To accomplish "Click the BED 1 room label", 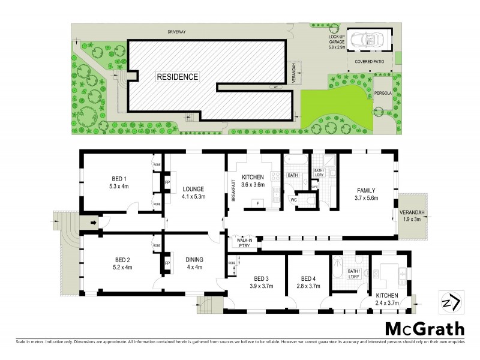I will point(119,179).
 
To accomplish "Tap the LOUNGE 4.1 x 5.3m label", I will point(194,192).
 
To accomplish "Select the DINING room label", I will point(194,260).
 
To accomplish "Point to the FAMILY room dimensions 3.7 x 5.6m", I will point(365,197).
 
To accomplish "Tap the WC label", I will point(294,199).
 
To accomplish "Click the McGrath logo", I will point(424,329).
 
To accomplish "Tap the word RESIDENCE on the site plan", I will point(177,77).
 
